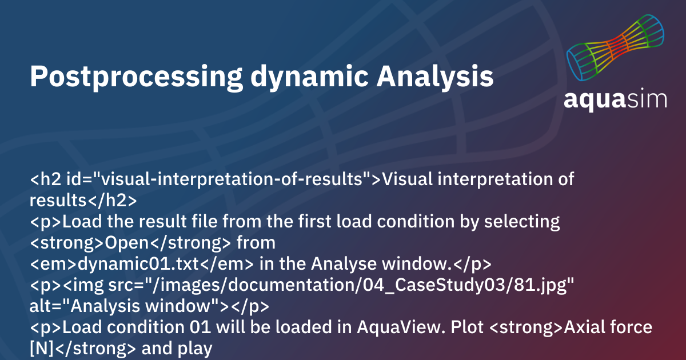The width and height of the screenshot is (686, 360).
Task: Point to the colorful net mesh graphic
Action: [616, 49]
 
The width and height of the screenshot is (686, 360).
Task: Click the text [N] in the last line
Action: [42, 349]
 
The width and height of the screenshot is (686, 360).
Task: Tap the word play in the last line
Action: [194, 349]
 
